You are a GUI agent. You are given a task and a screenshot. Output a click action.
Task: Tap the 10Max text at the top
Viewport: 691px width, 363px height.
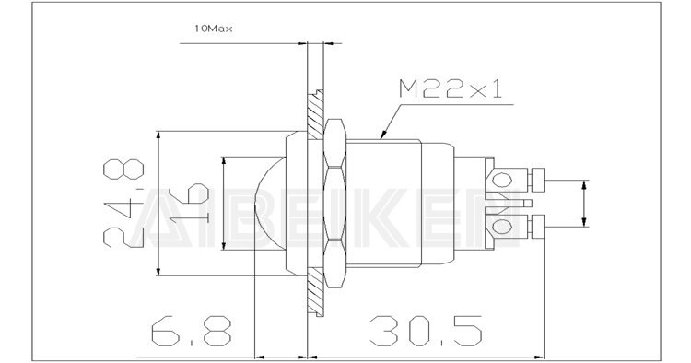[x=213, y=29]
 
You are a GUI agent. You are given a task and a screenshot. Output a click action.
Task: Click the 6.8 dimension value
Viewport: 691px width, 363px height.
[x=183, y=330]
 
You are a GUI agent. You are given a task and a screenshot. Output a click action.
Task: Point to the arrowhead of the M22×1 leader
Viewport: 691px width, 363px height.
[x=381, y=139]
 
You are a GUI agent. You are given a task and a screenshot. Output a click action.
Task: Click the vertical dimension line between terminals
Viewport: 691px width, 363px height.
[x=585, y=203]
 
